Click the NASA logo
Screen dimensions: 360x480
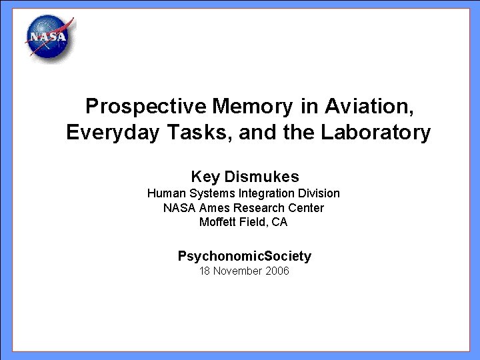point(48,39)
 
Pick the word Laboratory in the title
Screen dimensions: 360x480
point(376,133)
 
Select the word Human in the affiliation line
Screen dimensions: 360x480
point(164,193)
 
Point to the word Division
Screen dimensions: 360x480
point(317,193)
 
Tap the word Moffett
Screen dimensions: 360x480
point(218,222)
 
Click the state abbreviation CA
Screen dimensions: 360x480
point(279,222)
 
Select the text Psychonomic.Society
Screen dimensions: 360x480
point(244,256)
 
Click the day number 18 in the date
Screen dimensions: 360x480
point(205,271)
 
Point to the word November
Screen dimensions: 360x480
point(237,271)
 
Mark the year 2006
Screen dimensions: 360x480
point(276,271)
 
